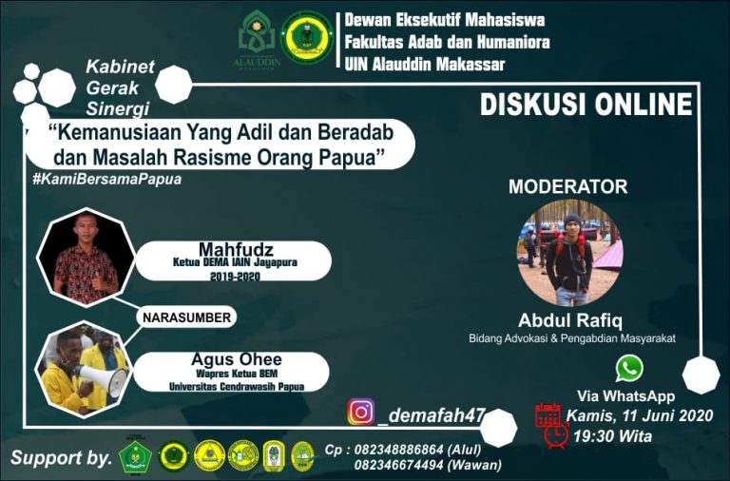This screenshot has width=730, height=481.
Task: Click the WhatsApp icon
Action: [x=629, y=368]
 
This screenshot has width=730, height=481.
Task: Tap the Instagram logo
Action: [x=361, y=412]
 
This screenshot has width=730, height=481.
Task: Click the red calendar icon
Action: [x=547, y=414]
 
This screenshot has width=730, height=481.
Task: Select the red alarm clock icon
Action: [x=556, y=435]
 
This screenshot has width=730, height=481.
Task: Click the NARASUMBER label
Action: [x=186, y=317]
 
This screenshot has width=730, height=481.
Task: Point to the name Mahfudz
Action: [x=236, y=249]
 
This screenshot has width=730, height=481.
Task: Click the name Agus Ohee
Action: [x=237, y=359]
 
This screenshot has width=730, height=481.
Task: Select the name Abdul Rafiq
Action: [x=570, y=320]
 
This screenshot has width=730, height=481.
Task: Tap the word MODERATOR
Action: [x=568, y=186]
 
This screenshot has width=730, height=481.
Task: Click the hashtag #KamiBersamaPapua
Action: [x=107, y=180]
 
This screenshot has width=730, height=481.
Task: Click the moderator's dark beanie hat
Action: [x=572, y=220]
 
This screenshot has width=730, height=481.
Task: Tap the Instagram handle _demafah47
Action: [x=432, y=415]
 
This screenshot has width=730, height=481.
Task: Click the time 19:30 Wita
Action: [x=612, y=436]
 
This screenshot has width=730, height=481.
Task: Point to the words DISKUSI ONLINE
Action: [x=586, y=104]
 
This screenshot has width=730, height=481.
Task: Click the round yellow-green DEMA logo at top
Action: [x=307, y=37]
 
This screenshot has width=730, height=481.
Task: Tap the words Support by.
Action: [x=62, y=458]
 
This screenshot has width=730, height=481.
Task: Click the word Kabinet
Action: [x=120, y=67]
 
